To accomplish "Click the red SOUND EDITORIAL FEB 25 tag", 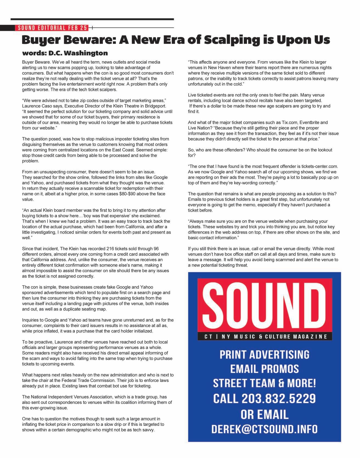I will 52,28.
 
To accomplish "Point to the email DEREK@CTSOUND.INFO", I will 265,429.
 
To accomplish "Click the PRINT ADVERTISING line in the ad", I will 265,355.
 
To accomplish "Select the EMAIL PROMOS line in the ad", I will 265,369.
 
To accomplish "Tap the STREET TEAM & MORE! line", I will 265,383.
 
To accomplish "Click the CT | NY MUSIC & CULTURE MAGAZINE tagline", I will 265,337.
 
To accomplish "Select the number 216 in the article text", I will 110,249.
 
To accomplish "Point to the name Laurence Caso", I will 36,106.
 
